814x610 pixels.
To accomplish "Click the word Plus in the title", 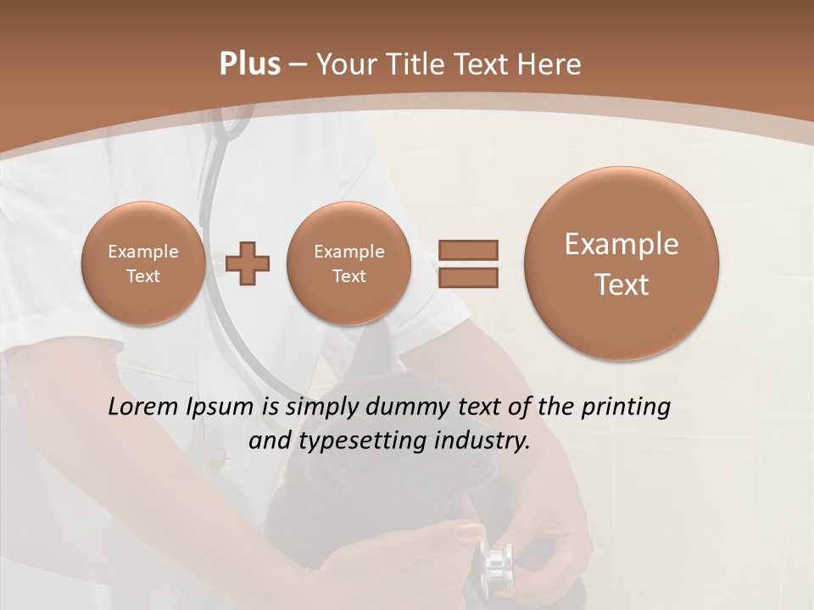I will pos(249,64).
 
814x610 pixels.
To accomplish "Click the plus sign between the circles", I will pos(248,263).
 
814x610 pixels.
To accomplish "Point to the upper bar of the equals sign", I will pos(467,249).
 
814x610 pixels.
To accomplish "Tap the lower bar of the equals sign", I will pos(467,276).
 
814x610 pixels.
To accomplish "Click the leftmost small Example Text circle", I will pos(142,263).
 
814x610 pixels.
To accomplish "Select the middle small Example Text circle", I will pos(348,263).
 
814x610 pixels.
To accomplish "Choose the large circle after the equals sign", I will pos(622,263).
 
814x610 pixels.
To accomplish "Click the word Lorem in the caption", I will pos(143,407).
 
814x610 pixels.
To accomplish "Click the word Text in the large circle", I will pos(622,285).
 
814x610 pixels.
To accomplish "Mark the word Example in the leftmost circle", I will pos(142,252).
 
